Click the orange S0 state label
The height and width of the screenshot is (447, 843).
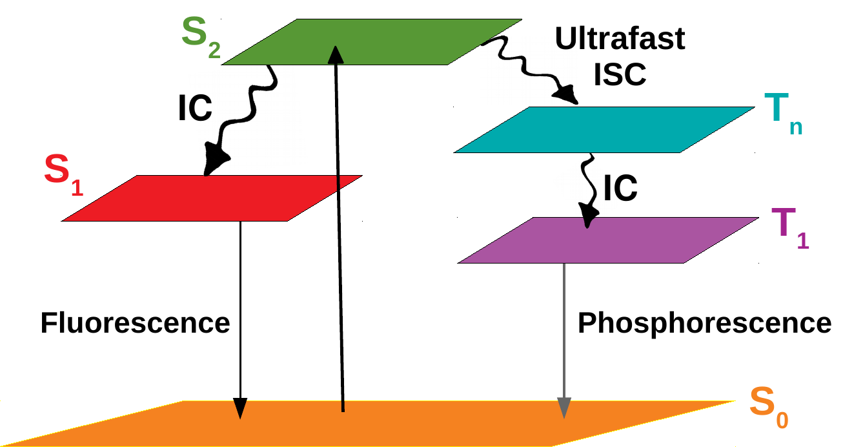[768, 410]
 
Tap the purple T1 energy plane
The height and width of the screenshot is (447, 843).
[607, 240]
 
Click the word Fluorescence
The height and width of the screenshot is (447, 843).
[135, 322]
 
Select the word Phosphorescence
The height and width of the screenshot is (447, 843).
[704, 322]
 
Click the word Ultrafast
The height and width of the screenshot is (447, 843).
[620, 40]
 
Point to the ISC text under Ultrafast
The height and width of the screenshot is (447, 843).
[620, 75]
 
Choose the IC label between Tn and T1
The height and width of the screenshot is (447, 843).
[620, 188]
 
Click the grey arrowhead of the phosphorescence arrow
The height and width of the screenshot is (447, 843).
[564, 408]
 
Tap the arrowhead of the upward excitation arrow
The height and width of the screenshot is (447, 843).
[335, 56]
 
